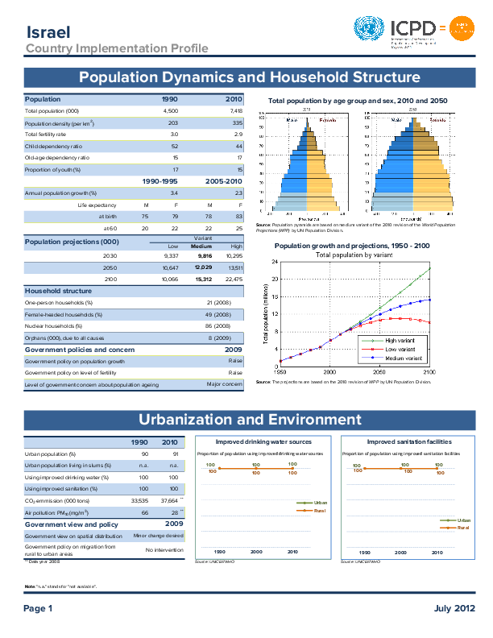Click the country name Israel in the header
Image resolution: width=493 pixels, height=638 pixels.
48,32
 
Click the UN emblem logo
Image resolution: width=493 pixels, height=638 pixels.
370,31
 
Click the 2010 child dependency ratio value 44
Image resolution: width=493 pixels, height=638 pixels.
238,146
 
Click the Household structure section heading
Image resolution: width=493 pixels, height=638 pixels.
56,290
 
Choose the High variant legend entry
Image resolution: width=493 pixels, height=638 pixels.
395,341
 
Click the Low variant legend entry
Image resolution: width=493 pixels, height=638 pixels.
395,349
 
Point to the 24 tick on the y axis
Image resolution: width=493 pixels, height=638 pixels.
275,262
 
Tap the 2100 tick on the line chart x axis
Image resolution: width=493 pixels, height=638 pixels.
429,372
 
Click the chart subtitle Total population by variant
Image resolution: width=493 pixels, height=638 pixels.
354,255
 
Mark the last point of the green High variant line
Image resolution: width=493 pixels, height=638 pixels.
430,268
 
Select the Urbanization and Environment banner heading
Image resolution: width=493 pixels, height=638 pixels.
250,420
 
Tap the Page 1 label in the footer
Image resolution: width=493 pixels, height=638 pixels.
38,609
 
